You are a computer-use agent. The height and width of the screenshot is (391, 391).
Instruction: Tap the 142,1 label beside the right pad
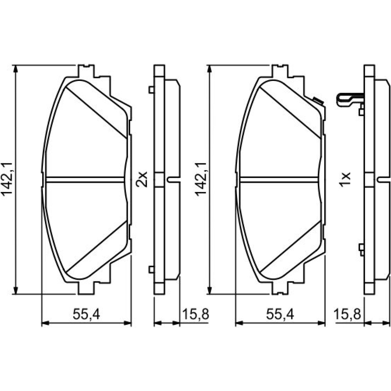click(x=201, y=179)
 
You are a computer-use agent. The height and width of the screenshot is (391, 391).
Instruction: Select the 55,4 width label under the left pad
click(x=86, y=314)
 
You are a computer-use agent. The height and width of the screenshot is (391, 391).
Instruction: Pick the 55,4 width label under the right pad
click(x=280, y=314)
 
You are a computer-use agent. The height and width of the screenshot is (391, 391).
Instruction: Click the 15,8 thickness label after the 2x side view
click(x=196, y=314)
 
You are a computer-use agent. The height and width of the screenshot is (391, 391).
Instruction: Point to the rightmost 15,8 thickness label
click(x=347, y=314)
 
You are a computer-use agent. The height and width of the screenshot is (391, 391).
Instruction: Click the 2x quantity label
click(x=142, y=179)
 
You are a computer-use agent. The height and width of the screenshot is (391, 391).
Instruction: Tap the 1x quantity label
click(x=345, y=179)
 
